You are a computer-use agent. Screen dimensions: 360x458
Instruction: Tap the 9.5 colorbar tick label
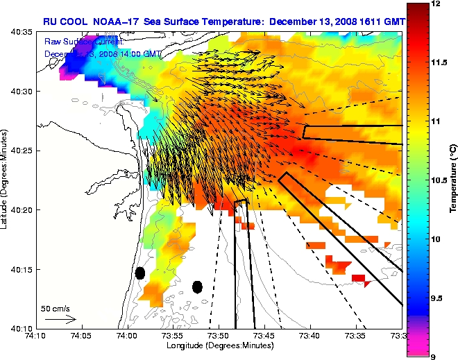tap(437, 298)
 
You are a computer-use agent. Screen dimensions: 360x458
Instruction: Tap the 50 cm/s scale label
tap(55, 308)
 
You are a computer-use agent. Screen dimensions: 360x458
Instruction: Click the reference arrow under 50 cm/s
tap(60, 319)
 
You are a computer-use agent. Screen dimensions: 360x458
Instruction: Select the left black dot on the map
tap(139, 273)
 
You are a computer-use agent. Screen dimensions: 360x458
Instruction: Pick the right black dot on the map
tap(197, 286)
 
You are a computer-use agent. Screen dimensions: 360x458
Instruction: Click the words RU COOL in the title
tap(61, 22)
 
